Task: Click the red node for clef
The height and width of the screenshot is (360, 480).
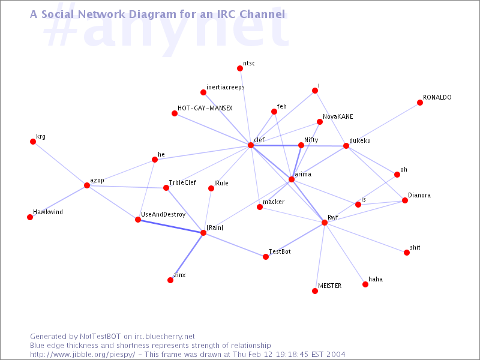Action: (251, 145)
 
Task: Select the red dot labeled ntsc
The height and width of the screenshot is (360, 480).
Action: (240, 68)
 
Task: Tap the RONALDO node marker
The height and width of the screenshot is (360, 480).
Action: (420, 103)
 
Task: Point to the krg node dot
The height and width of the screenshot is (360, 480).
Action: (33, 142)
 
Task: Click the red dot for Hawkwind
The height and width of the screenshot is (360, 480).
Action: (30, 217)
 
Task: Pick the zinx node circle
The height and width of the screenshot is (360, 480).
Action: (170, 280)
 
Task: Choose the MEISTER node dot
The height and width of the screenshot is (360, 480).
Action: (315, 291)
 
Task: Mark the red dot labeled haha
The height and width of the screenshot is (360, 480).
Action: (365, 284)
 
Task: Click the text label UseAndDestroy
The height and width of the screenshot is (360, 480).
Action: (163, 215)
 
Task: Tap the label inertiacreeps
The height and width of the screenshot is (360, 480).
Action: (226, 87)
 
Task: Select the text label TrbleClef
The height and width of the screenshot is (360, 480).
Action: (182, 182)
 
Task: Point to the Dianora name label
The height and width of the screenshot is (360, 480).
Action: (419, 196)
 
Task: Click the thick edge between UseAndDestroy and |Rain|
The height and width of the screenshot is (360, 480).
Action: (170, 226)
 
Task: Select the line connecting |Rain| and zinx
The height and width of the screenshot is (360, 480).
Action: (187, 257)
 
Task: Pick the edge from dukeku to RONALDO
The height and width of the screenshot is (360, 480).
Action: (383, 124)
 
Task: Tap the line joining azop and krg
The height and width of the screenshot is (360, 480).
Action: (60, 163)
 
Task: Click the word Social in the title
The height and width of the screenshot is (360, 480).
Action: (58, 14)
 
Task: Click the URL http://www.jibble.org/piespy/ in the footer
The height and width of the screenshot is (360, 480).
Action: (83, 355)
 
